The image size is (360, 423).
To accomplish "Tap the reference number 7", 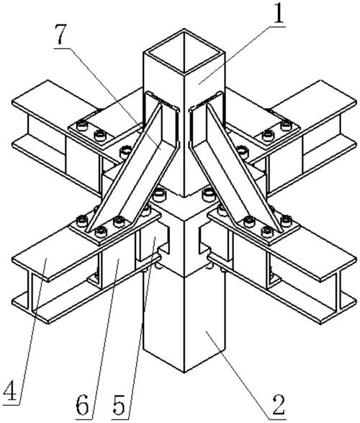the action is (62, 35).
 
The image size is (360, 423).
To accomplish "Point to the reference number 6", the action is (82, 405).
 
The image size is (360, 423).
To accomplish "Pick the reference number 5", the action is (119, 405).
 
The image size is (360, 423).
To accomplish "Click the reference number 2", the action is (279, 405).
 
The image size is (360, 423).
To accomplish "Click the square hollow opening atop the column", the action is (184, 53).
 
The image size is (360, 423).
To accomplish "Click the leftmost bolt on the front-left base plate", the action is (82, 221).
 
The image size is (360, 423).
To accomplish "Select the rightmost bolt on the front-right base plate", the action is (286, 221).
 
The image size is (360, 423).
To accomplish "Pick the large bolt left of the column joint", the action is (158, 195).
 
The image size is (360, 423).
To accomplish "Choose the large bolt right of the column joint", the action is (209, 195).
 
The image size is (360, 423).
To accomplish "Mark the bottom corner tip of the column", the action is (184, 373).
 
